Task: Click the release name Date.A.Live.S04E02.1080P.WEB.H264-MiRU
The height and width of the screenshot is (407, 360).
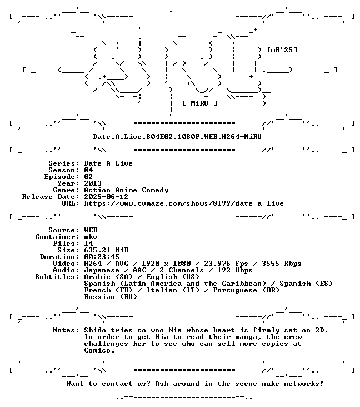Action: pyautogui.click(x=177, y=137)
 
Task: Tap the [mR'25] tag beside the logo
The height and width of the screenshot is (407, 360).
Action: pyautogui.click(x=282, y=49)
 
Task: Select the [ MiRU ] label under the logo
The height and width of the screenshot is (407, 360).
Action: pyautogui.click(x=199, y=103)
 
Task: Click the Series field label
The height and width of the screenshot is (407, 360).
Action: pyautogui.click(x=64, y=163)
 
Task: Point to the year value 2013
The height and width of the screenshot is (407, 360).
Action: pyautogui.click(x=93, y=183)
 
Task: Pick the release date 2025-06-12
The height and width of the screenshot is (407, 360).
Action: pyautogui.click(x=106, y=197)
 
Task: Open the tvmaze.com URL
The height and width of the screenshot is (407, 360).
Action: pyautogui.click(x=184, y=203)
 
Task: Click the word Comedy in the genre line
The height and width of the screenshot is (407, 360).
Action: pyautogui.click(x=155, y=190)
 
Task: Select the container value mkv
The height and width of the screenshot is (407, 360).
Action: pyautogui.click(x=91, y=237)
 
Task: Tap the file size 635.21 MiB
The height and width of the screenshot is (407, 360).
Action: pyautogui.click(x=106, y=250)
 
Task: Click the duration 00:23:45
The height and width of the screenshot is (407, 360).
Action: pyautogui.click(x=102, y=257)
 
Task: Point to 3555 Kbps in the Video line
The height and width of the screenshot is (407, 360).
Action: pyautogui.click(x=282, y=264)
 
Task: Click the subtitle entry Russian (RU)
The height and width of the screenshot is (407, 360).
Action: pyautogui.click(x=111, y=297)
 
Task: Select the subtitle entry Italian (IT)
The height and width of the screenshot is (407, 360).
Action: pyautogui.click(x=173, y=290)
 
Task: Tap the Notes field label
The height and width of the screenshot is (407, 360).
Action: pyautogui.click(x=66, y=330)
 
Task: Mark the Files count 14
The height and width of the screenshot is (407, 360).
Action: pyautogui.click(x=88, y=244)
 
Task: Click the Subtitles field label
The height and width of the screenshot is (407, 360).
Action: pyautogui.click(x=57, y=277)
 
